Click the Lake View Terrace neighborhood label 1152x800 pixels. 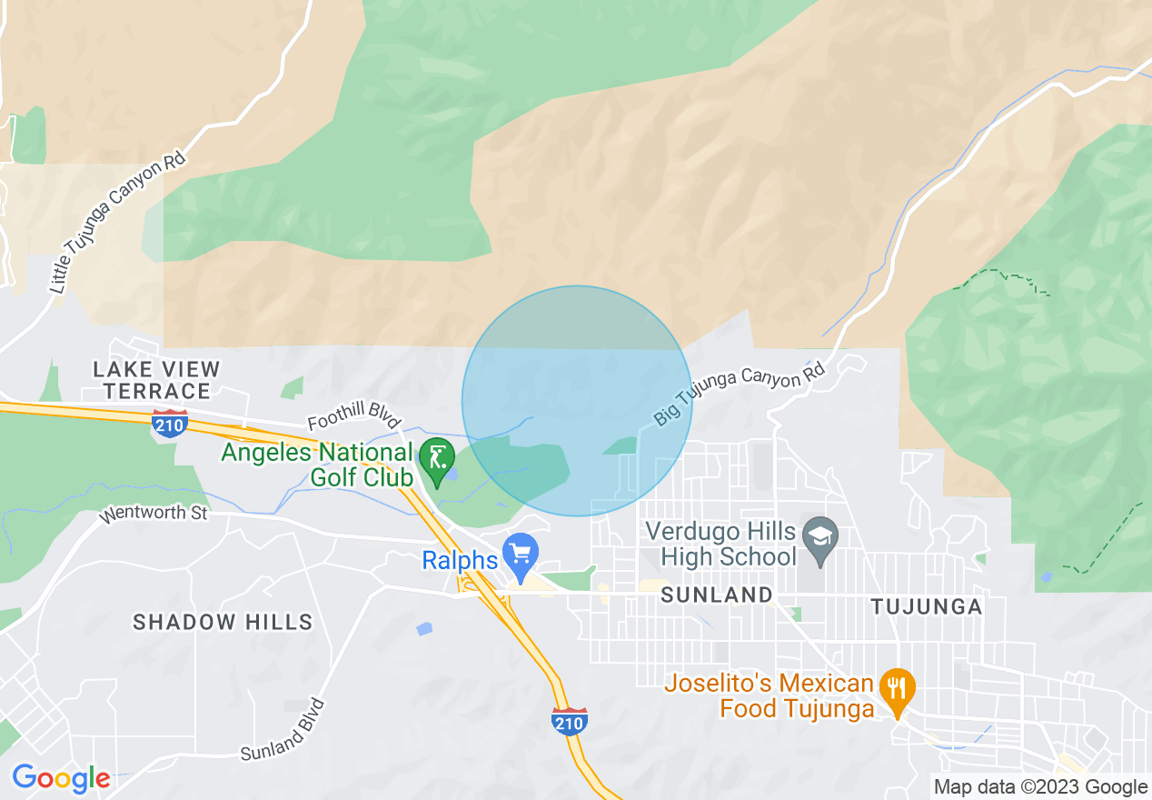click(156, 380)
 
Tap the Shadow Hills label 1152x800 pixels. click(223, 623)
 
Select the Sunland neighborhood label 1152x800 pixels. click(717, 595)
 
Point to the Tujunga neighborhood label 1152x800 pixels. click(927, 606)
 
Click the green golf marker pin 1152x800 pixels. click(439, 460)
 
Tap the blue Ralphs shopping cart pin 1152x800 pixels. click(521, 555)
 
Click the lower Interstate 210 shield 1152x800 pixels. click(570, 720)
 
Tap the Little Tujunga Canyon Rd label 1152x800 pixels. click(118, 223)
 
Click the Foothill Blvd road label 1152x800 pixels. click(354, 421)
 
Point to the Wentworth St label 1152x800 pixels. click(154, 514)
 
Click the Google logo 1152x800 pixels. click(61, 778)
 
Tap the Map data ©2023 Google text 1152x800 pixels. click(1041, 787)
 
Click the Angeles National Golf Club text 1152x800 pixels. click(317, 465)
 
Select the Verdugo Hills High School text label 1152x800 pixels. click(720, 543)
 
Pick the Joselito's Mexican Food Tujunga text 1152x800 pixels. click(770, 695)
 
